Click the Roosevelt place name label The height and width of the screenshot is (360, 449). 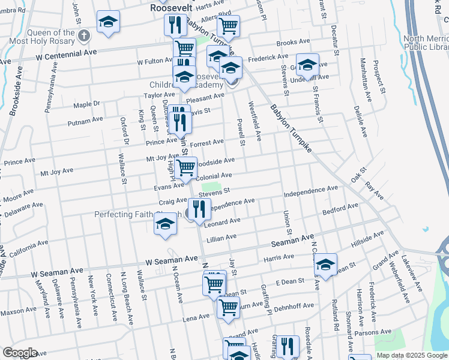(173, 9)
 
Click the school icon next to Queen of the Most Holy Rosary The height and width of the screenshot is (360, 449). (108, 23)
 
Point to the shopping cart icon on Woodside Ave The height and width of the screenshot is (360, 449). (186, 167)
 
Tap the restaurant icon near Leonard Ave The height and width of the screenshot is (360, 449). (199, 209)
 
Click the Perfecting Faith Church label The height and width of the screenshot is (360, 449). (139, 214)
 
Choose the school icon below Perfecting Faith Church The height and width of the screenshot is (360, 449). (165, 226)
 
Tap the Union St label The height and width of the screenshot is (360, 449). (288, 223)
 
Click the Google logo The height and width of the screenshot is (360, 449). (20, 353)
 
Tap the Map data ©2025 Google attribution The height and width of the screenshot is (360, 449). (411, 355)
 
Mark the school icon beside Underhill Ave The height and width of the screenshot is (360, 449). (307, 65)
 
